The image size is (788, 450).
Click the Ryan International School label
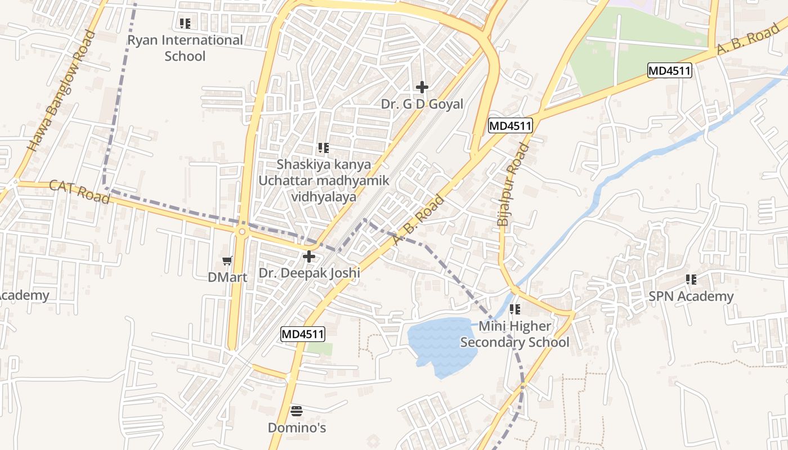tap(185, 48)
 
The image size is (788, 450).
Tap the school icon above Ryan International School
tap(185, 24)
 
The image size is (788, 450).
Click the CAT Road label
tap(79, 192)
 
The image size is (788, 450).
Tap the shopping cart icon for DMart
tap(227, 260)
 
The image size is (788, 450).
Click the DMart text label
tap(227, 277)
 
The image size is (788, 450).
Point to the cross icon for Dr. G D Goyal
tap(422, 87)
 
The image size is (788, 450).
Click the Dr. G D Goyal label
tap(422, 104)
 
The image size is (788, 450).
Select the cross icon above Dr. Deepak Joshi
tap(309, 257)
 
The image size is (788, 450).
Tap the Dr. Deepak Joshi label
tap(309, 273)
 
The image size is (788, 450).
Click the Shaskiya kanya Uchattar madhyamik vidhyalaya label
tap(324, 181)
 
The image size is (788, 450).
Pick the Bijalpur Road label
tap(513, 185)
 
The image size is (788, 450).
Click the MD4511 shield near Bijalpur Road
tap(510, 125)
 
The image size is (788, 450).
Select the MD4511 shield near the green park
tap(669, 70)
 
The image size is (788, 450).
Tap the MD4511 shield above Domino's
tap(303, 334)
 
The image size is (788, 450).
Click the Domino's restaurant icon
tap(297, 411)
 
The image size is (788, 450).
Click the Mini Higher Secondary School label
tap(515, 334)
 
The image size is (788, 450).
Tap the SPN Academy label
tap(691, 296)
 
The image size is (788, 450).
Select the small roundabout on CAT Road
tap(242, 232)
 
